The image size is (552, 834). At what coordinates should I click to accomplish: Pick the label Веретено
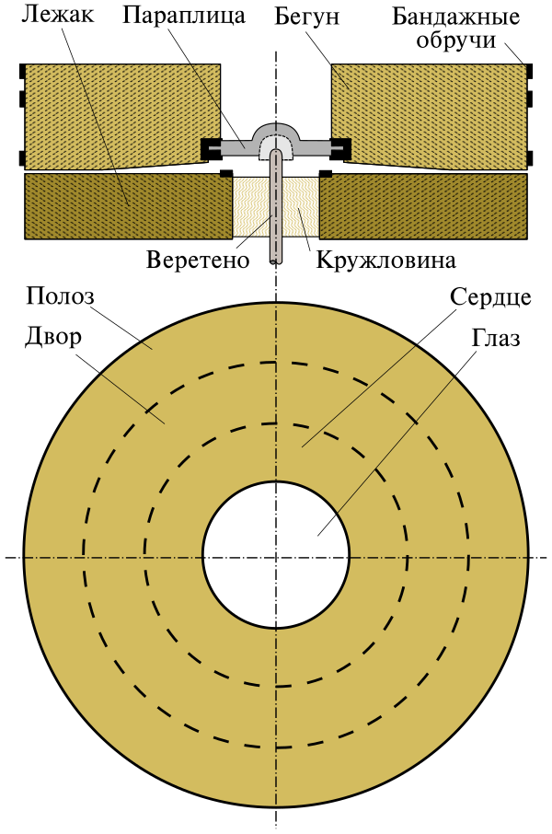(198, 260)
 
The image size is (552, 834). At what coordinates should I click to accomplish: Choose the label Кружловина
(386, 260)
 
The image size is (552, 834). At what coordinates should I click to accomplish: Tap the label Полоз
(61, 296)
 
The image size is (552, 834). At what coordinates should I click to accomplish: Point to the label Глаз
(496, 338)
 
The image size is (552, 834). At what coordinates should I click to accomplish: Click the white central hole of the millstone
(275, 557)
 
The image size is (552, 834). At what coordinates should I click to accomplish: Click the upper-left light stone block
(120, 110)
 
